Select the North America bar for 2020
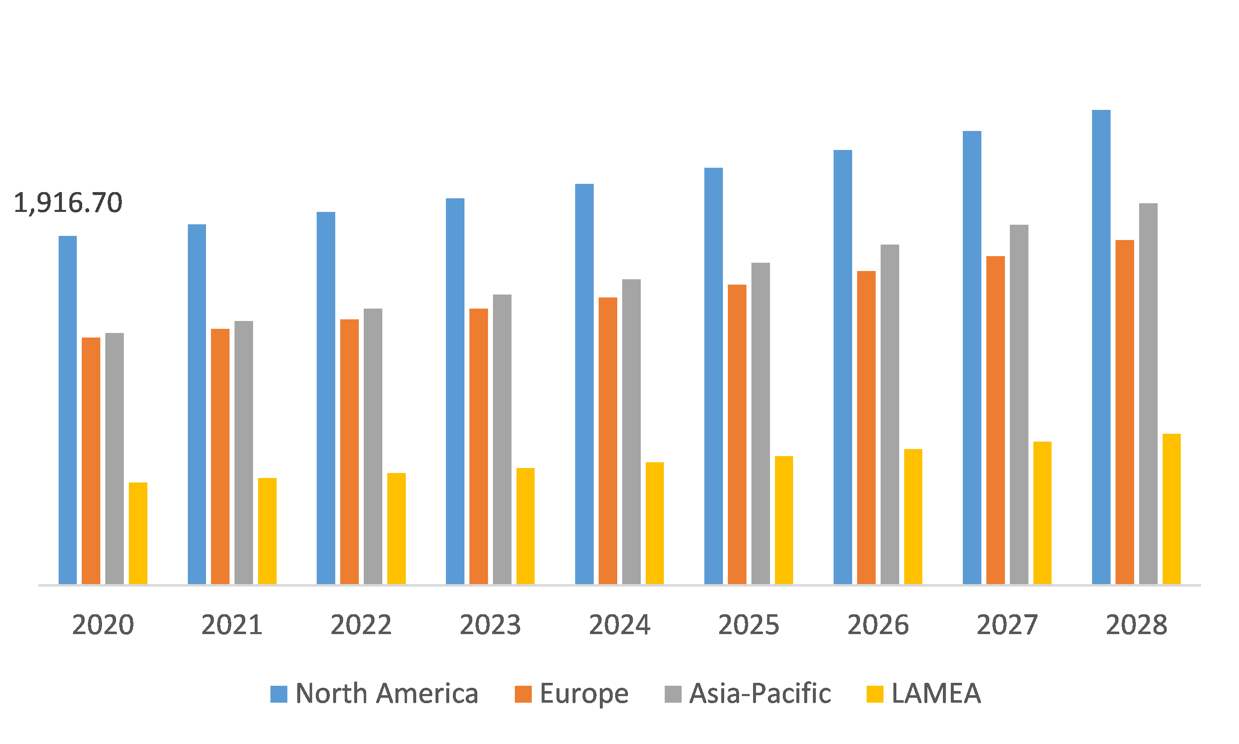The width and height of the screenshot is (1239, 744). click(68, 410)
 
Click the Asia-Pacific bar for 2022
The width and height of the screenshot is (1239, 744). click(373, 446)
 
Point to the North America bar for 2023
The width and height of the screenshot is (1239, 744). click(455, 391)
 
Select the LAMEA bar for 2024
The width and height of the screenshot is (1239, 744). click(654, 523)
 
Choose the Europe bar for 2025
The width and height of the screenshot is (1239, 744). click(737, 434)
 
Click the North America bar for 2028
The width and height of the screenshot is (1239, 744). click(1101, 347)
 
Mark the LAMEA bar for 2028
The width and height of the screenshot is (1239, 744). click(1171, 509)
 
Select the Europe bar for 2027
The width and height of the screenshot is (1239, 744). click(995, 420)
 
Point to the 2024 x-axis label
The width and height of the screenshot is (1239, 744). click(619, 625)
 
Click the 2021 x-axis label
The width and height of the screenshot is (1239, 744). click(232, 625)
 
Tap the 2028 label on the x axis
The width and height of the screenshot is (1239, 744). click(1136, 625)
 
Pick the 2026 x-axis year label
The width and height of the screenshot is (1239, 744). click(878, 625)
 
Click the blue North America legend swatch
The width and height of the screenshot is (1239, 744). click(279, 694)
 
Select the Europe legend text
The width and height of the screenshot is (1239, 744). click(584, 694)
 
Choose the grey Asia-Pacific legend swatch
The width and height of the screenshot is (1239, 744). click(673, 694)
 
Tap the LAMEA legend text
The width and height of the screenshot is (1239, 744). click(936, 694)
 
